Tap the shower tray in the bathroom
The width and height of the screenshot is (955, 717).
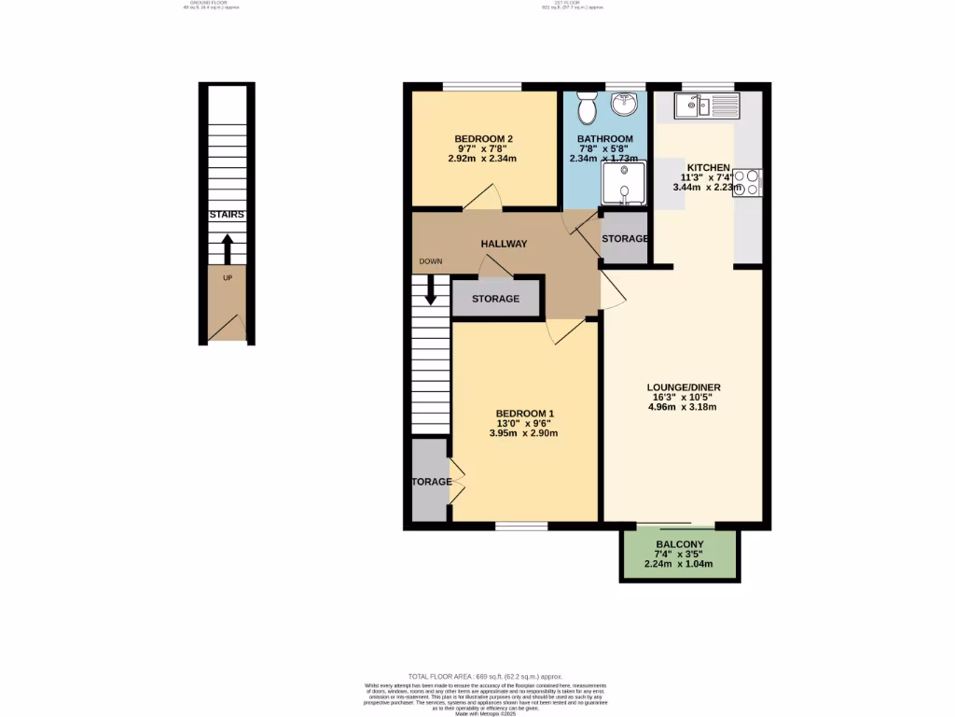[x=622, y=183]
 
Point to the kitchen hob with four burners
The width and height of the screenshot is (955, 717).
[x=748, y=182]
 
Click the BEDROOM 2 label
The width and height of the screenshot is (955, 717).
[x=484, y=139]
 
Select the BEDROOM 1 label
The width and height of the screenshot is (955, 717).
[x=525, y=414]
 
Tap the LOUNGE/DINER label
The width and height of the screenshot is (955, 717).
[x=685, y=387]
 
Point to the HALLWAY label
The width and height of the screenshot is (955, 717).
[x=504, y=244]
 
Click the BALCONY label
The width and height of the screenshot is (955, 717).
[x=679, y=544]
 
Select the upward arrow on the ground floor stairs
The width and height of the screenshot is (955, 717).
[x=227, y=249]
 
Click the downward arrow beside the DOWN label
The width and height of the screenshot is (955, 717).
[x=431, y=288]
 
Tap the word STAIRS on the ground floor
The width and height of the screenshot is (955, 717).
[x=227, y=215]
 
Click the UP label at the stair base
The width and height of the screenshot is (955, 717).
[x=227, y=278]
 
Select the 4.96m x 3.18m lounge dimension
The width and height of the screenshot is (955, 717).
[x=685, y=407]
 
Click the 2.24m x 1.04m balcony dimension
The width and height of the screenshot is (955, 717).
[x=679, y=564]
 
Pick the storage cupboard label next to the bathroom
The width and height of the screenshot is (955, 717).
[x=624, y=239]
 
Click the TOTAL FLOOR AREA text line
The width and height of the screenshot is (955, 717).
[x=485, y=676]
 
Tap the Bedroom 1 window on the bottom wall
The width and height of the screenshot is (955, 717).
[x=521, y=527]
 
